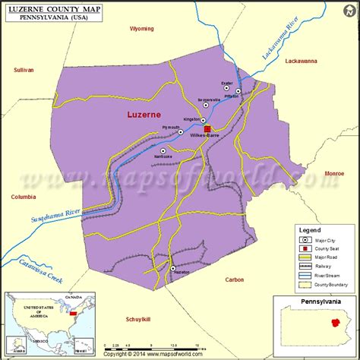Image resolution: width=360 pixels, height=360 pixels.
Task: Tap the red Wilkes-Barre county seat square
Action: point(207,129)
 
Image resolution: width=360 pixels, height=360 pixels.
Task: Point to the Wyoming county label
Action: point(141,29)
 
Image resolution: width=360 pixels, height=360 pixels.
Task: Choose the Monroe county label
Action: point(334,174)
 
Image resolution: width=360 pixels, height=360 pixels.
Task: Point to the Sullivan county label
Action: point(24,70)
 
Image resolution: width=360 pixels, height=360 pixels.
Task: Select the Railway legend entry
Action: point(317,267)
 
